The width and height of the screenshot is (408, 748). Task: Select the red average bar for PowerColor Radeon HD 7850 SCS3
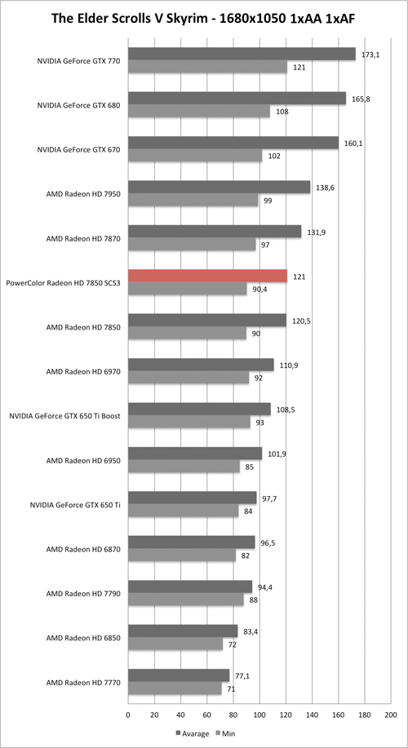click(x=207, y=276)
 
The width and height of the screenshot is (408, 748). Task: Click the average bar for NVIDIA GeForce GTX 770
click(x=242, y=54)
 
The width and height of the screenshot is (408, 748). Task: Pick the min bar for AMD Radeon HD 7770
click(x=175, y=688)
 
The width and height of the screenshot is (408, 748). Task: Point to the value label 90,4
click(x=261, y=289)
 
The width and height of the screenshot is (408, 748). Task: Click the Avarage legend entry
click(x=193, y=733)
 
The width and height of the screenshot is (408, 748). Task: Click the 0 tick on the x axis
click(x=128, y=715)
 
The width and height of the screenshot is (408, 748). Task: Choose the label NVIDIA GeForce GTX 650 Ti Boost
click(x=66, y=415)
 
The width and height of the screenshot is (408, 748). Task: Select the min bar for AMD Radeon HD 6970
click(x=188, y=378)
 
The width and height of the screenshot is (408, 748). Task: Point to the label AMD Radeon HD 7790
click(x=84, y=593)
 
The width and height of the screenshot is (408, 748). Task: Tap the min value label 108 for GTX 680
click(x=282, y=111)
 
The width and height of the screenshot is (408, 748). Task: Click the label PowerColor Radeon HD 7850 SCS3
click(x=64, y=282)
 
